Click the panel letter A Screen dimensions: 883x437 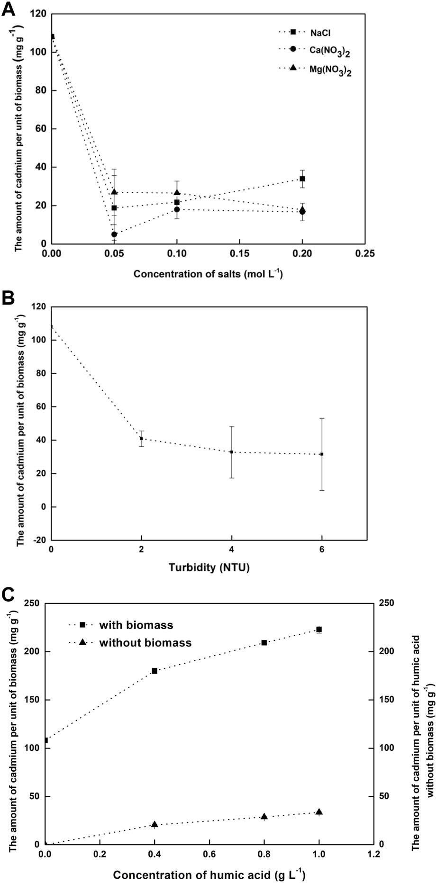click(x=9, y=9)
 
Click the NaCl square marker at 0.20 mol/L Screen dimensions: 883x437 click(x=302, y=179)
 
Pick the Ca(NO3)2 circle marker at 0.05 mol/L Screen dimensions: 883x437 click(x=114, y=234)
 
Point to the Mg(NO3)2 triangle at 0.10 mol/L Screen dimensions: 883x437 click(x=177, y=193)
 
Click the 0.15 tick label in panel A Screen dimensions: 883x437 click(x=239, y=254)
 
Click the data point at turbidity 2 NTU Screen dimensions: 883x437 click(x=141, y=439)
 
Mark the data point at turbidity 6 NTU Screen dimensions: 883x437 click(x=322, y=454)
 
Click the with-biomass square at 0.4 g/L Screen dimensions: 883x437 click(x=154, y=671)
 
